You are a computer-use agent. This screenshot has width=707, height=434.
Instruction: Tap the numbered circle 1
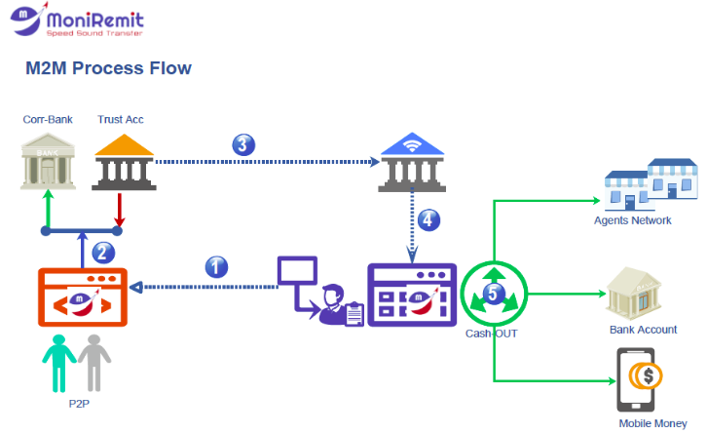click(x=218, y=266)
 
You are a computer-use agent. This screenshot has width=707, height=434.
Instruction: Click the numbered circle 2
click(x=103, y=253)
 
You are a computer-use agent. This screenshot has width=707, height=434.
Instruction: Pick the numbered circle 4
click(x=427, y=219)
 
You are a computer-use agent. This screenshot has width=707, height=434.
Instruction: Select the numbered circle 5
click(x=495, y=292)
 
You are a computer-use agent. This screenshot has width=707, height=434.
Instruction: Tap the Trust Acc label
click(x=120, y=120)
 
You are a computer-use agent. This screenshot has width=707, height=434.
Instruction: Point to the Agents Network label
click(x=632, y=220)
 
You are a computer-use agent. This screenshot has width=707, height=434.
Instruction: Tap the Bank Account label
click(x=643, y=330)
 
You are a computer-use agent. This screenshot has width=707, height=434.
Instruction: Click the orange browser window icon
click(x=83, y=296)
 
